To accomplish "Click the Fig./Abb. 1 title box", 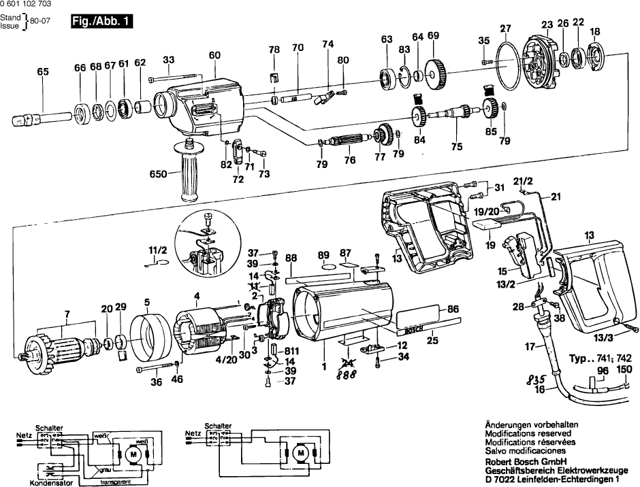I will [101, 22].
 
